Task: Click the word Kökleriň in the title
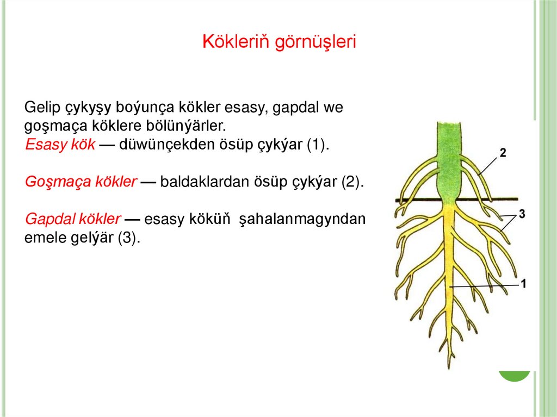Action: click(236, 42)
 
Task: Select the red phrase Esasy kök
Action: click(60, 145)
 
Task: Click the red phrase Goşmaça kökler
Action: click(81, 182)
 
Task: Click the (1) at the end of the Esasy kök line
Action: click(318, 145)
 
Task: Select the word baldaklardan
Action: click(205, 182)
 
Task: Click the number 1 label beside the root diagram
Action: click(523, 283)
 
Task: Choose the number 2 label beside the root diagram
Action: click(503, 153)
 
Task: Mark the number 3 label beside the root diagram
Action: click(522, 214)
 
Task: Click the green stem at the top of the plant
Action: click(449, 147)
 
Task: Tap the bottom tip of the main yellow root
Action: click(450, 365)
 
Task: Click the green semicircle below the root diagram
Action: click(515, 376)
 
